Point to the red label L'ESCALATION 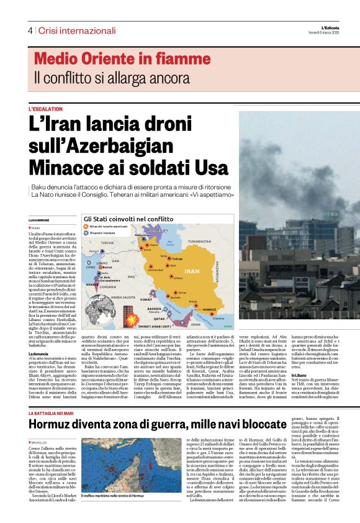point(45,109)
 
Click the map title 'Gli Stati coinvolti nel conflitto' point(128,219)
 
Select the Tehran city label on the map point(176,258)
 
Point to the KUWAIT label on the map point(146,299)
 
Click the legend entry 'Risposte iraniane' point(104,232)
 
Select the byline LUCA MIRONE point(38,220)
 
